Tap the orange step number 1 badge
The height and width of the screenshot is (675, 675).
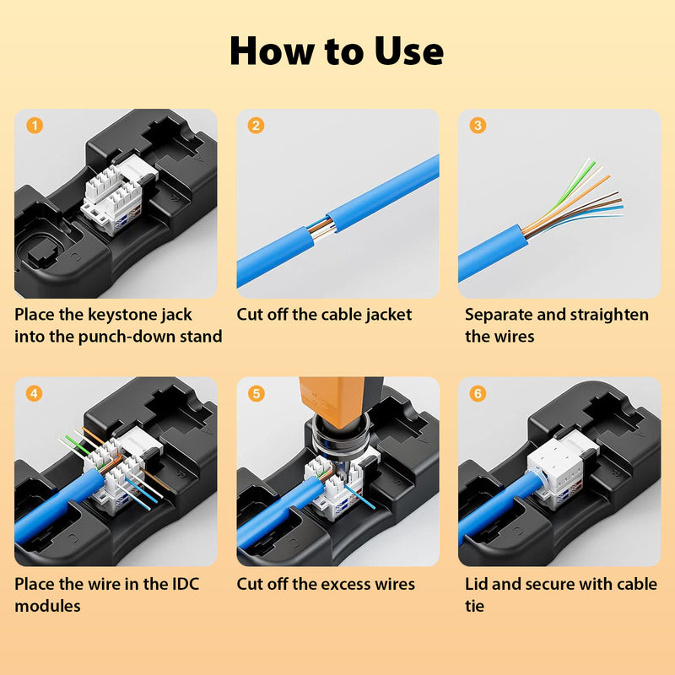tap(35, 127)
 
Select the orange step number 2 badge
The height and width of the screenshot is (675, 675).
tap(256, 127)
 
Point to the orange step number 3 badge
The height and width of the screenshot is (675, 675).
tap(478, 127)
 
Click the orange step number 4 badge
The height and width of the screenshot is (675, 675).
tap(35, 394)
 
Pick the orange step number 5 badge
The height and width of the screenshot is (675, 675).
tap(256, 394)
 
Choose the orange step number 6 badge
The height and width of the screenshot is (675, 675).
tap(478, 394)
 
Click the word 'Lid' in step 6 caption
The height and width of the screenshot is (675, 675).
tap(478, 584)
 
